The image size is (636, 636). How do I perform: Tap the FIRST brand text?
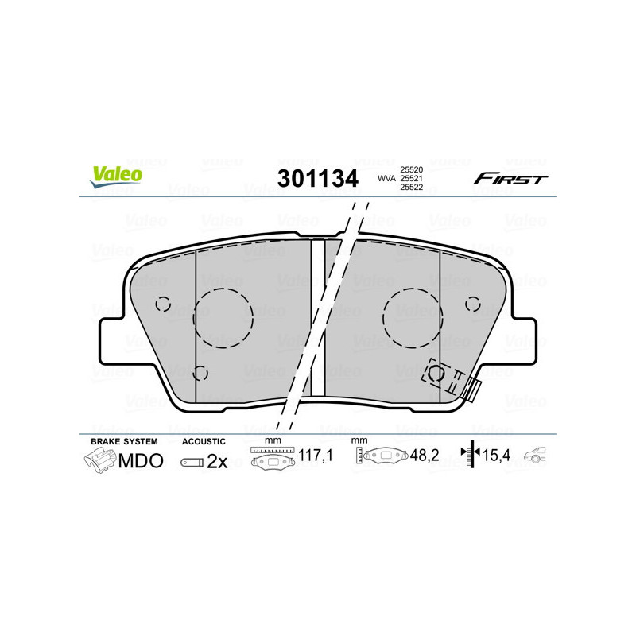pos(510,179)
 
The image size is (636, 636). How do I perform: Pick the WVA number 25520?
pos(410,170)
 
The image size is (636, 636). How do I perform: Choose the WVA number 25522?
pos(410,188)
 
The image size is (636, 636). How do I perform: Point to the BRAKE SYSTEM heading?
pos(124,441)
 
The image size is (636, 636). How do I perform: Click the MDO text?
pos(141,461)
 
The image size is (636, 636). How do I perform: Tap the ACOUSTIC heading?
pos(204,441)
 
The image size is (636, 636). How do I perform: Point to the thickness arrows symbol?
pos(472,456)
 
